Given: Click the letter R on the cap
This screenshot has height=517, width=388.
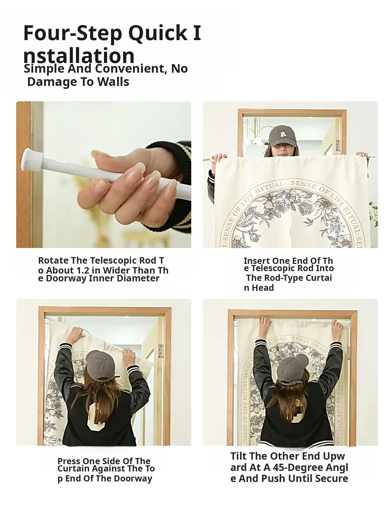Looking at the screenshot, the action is pos(283,134).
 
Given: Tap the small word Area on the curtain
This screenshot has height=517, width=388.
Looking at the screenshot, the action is pos(258,201).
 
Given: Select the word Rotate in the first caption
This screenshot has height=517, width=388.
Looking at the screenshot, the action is pos(53,260).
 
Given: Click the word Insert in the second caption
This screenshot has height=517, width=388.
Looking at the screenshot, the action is pos(257,261).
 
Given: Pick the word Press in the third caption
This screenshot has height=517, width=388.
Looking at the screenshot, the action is pos(69,461).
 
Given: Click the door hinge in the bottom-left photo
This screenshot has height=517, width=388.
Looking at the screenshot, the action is pos(161,351).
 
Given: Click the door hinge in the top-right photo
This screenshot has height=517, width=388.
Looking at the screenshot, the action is pos(338,145).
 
